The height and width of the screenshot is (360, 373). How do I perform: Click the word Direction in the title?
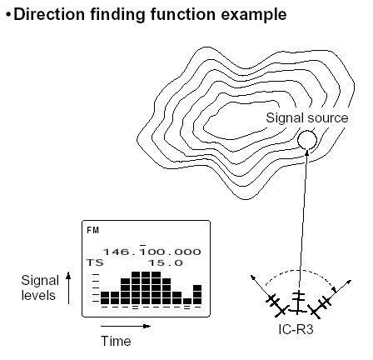click(x=49, y=14)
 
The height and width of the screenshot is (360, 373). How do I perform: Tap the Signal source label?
click(x=307, y=117)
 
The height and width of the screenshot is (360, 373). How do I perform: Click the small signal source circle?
click(x=307, y=140)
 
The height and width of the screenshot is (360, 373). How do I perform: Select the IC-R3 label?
click(x=296, y=329)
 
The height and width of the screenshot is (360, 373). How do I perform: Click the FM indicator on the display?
click(x=92, y=230)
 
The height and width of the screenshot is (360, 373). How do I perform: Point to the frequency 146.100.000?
click(x=152, y=252)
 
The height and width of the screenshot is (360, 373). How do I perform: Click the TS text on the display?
click(x=95, y=262)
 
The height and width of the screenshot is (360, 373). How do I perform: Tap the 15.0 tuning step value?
click(x=166, y=262)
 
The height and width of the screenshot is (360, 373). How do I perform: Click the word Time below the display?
click(x=116, y=341)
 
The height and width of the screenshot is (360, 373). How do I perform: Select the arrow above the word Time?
click(x=126, y=326)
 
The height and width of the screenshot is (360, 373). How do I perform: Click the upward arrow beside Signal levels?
click(x=68, y=288)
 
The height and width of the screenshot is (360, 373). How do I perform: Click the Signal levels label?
click(x=40, y=287)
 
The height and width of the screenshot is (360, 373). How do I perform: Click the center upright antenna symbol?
click(x=298, y=302)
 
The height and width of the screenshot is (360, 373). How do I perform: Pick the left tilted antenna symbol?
click(x=276, y=306)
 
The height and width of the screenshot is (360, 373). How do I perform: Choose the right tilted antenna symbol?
click(x=321, y=307)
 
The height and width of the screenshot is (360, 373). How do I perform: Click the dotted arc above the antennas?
click(x=301, y=270)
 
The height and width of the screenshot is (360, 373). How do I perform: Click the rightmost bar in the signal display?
click(x=197, y=294)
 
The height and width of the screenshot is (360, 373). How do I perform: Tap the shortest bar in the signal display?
click(x=187, y=301)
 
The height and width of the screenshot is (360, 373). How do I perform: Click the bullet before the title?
click(x=9, y=14)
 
